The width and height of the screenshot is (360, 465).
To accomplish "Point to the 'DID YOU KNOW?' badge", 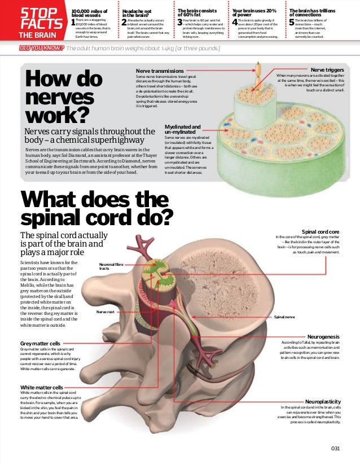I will (41, 49).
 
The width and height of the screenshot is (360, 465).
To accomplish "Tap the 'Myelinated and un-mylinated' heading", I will (182, 129).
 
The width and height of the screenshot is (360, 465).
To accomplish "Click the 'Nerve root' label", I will (106, 312).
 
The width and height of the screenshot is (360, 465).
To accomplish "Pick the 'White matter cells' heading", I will (42, 387).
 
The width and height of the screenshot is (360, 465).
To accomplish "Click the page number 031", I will (336, 448).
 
